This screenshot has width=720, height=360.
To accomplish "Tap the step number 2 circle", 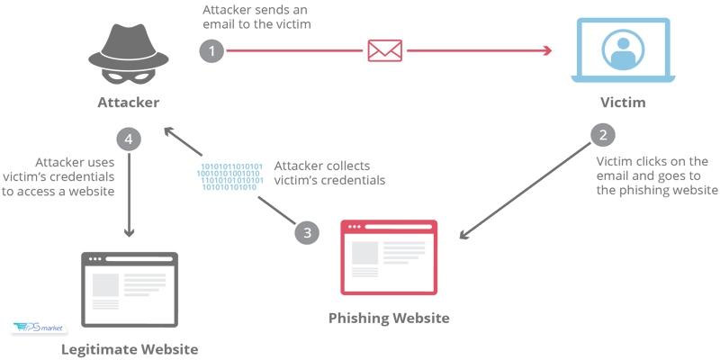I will pos(603,136).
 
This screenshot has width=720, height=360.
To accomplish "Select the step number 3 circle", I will pos(308,232).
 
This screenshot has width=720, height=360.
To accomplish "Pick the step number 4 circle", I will pos(130,139).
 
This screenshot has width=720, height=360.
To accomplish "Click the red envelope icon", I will pos(383,49).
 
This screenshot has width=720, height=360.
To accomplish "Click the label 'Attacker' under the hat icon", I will pos(129,103).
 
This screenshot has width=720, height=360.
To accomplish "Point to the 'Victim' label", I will pos(622,103).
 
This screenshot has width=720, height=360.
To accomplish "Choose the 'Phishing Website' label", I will pos(388,318).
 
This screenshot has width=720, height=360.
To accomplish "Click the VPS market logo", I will pos(34,329).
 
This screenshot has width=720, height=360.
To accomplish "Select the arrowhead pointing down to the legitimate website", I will pos(130,232).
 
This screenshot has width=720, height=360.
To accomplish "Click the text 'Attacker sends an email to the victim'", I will pos(256,17).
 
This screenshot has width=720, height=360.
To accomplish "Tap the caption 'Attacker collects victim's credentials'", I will pos(329,173).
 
